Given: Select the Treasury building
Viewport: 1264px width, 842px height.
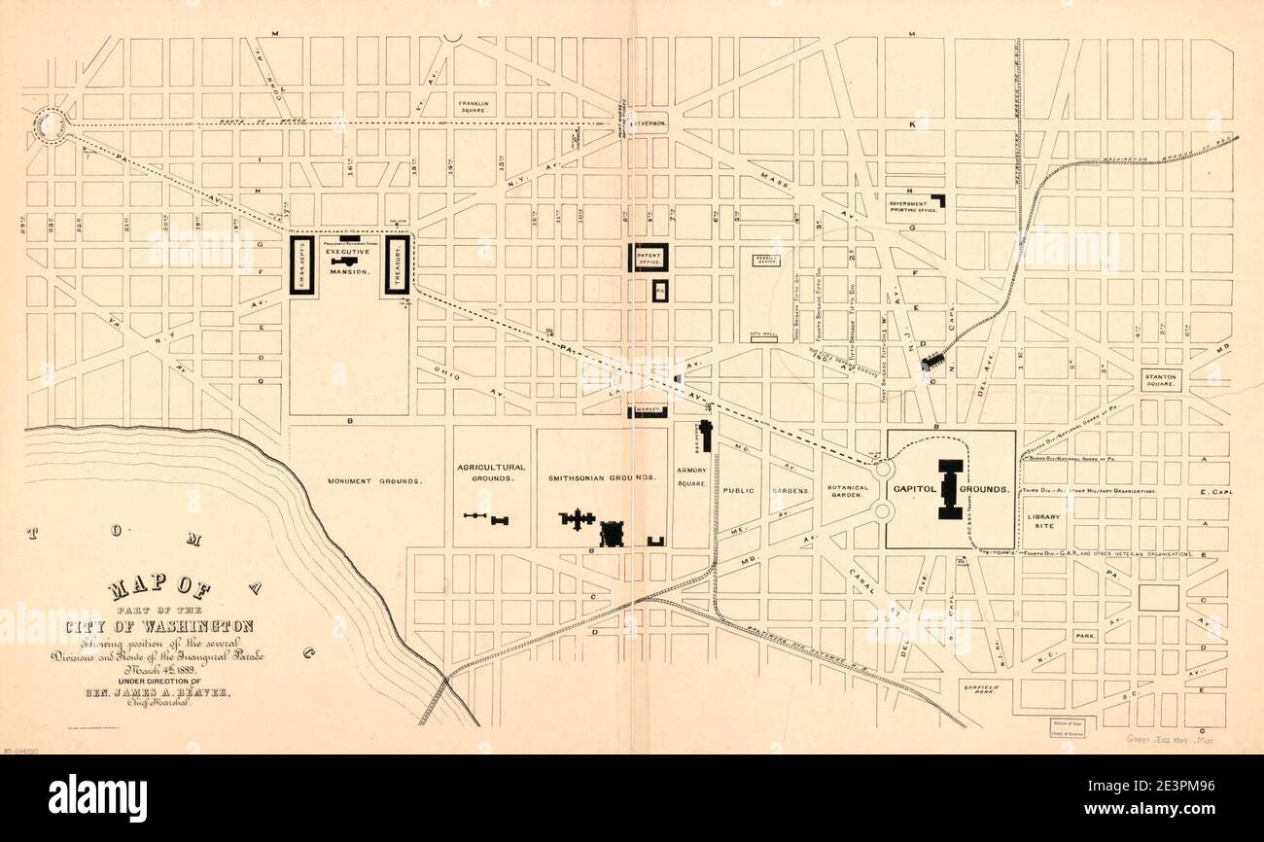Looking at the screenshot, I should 399,263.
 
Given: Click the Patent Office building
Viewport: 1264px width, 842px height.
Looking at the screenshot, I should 649,257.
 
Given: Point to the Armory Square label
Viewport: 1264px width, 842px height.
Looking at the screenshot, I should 691,477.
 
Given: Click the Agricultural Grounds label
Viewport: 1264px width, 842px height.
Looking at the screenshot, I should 491,473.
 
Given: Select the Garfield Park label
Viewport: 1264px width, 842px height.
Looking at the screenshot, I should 983,689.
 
